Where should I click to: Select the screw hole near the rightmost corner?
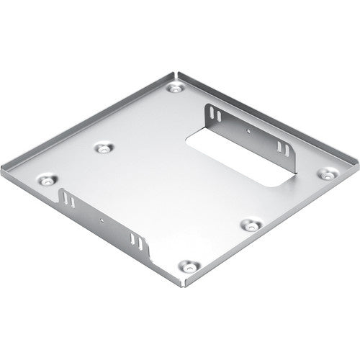click(326, 174)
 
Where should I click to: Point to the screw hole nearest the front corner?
click(189, 266)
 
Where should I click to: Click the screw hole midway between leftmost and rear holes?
click(104, 148)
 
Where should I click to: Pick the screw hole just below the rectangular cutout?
click(250, 223)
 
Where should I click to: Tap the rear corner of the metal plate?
click(176, 72)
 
